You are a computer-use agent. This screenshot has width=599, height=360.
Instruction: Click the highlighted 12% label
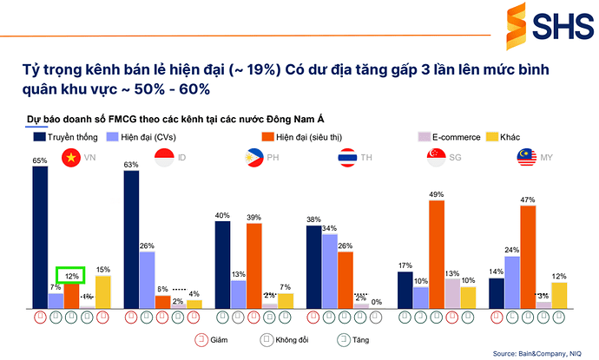(70, 275)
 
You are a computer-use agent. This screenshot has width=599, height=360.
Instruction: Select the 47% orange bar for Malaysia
(527, 256)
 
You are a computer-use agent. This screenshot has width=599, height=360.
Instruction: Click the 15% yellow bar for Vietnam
(102, 291)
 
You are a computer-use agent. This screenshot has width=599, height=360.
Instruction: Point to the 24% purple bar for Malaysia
(512, 281)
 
